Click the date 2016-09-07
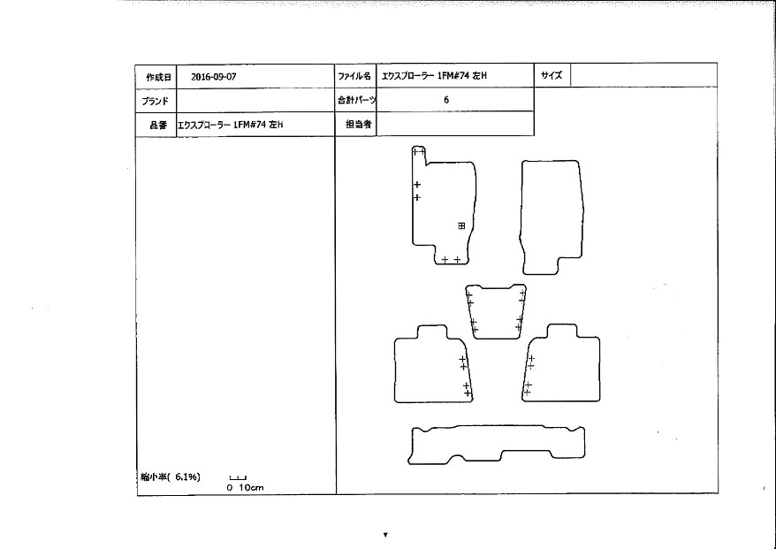point(213,77)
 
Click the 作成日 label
point(158,77)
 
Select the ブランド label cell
point(156,101)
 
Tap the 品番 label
point(158,125)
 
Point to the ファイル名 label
point(354,76)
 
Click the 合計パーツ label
point(357,100)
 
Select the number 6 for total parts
point(446,100)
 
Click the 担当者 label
point(358,124)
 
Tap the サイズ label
point(552,75)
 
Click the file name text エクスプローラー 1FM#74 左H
point(434,76)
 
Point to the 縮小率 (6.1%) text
point(171,477)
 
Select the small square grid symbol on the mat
point(461,225)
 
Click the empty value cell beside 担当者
point(455,124)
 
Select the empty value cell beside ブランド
point(255,101)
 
